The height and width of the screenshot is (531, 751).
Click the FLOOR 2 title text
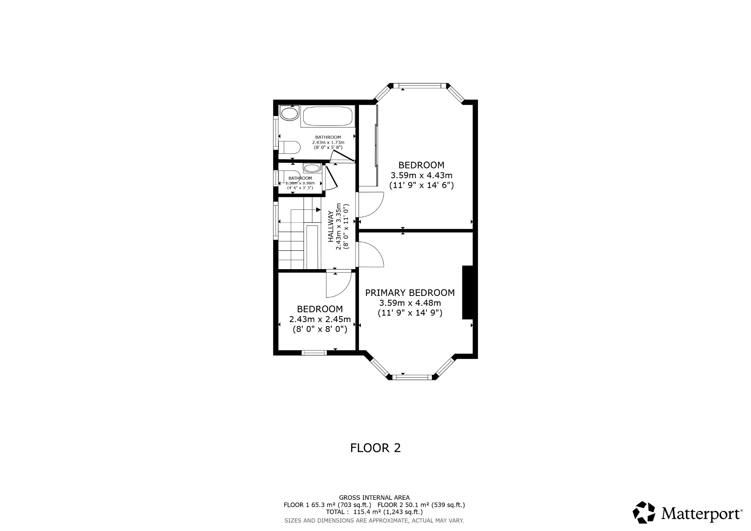pyautogui.click(x=375, y=448)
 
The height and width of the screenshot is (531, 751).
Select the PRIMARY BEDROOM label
pyautogui.click(x=410, y=293)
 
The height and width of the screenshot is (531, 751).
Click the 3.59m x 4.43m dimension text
pyautogui.click(x=421, y=175)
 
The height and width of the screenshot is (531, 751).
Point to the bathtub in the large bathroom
pyautogui.click(x=327, y=116)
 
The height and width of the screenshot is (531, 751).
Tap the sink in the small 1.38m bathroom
pyautogui.click(x=312, y=168)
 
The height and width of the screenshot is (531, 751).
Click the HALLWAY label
pyautogui.click(x=331, y=226)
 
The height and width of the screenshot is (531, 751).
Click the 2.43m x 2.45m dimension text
pyautogui.click(x=320, y=319)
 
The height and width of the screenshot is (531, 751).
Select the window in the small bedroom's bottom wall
pyautogui.click(x=314, y=353)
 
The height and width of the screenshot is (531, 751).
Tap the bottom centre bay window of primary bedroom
pyautogui.click(x=412, y=377)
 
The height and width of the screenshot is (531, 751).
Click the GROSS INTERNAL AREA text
pyautogui.click(x=374, y=498)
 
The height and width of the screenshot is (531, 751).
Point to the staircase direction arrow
pyautogui.click(x=318, y=210)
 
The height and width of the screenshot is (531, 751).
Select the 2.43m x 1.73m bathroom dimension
pyautogui.click(x=328, y=142)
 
